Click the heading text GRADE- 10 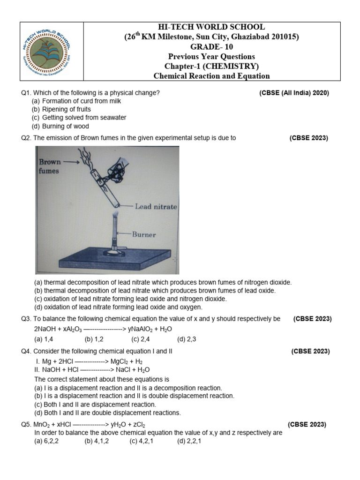click(x=211, y=46)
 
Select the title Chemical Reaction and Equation click(x=211, y=76)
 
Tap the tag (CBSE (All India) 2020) click(x=294, y=93)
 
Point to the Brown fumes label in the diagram click(x=49, y=166)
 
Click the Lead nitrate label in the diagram click(x=156, y=206)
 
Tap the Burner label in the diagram click(x=143, y=234)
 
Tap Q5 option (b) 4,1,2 click(x=97, y=441)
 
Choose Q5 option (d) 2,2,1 click(x=189, y=441)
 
